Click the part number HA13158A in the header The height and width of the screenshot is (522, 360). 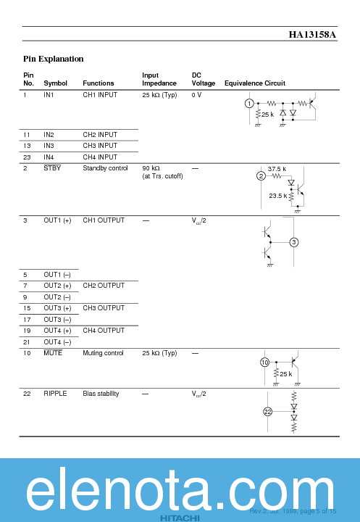coord(313,34)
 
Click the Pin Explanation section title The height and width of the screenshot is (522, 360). coord(53,59)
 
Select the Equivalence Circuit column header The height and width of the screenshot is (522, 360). coord(254,83)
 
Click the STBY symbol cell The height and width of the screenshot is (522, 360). coord(52,168)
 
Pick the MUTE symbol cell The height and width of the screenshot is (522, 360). coord(53,353)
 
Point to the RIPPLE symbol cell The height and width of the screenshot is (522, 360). coord(55,394)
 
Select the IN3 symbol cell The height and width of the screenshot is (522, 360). coord(49,146)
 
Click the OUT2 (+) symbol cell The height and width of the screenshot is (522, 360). coord(57,286)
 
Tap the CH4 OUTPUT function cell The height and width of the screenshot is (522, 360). coord(104,331)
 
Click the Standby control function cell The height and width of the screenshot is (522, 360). coord(105,168)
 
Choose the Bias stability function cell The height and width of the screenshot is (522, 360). coord(100,394)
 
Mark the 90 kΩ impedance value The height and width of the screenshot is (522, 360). coord(152,168)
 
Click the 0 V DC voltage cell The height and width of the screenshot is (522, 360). coord(196,95)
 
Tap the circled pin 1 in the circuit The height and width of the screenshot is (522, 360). coord(250,104)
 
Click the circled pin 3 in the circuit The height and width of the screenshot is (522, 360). coord(293,242)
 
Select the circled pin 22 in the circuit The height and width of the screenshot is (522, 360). coord(267,412)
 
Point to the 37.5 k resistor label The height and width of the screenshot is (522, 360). coord(277,169)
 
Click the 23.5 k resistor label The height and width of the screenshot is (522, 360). coord(277,196)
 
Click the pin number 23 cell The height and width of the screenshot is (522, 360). coord(27,157)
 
